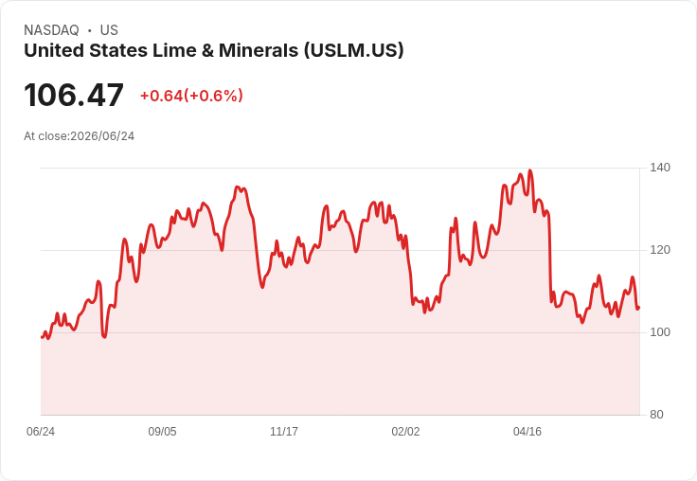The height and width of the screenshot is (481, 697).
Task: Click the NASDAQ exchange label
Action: tap(51, 30)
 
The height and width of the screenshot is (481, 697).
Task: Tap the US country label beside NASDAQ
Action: tap(109, 30)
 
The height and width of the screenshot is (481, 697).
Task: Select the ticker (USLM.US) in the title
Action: tap(354, 51)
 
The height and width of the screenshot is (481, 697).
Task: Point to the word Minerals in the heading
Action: tap(259, 50)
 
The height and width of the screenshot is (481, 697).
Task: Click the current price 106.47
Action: tap(74, 95)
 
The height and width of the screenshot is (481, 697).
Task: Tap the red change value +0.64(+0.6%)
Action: tap(191, 96)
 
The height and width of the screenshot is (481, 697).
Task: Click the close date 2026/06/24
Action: tap(102, 136)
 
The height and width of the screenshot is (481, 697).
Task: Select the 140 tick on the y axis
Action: tap(660, 168)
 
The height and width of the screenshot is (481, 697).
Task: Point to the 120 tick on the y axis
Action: tap(660, 250)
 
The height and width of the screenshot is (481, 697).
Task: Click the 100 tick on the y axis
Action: tap(660, 332)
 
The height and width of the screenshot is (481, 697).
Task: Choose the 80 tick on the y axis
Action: tap(656, 415)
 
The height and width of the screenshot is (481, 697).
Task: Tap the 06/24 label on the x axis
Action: tap(41, 432)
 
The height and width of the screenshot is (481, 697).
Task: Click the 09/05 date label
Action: tap(162, 432)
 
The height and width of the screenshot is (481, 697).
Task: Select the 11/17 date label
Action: tap(284, 432)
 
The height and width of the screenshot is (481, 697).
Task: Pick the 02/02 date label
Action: tap(405, 432)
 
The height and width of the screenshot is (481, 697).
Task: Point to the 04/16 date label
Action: tap(527, 432)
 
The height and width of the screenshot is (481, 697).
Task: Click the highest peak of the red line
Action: tap(529, 170)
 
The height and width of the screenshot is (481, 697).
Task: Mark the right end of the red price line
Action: tap(639, 308)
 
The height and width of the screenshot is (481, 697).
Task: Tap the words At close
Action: tap(45, 136)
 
